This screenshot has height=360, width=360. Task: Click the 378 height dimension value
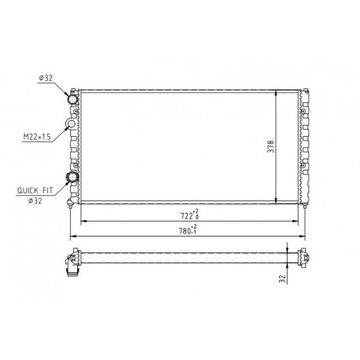270,147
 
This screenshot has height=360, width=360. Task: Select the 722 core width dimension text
186,216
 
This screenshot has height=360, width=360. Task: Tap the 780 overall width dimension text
185,231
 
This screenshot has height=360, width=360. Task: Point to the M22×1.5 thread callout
37,137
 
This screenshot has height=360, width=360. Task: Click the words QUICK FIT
35,190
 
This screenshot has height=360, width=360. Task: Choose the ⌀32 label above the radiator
46,78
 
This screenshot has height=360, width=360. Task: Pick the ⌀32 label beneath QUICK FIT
35,201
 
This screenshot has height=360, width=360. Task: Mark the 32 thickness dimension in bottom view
282,278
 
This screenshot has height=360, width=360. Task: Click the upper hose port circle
72,99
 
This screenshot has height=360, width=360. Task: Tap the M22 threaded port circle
71,123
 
